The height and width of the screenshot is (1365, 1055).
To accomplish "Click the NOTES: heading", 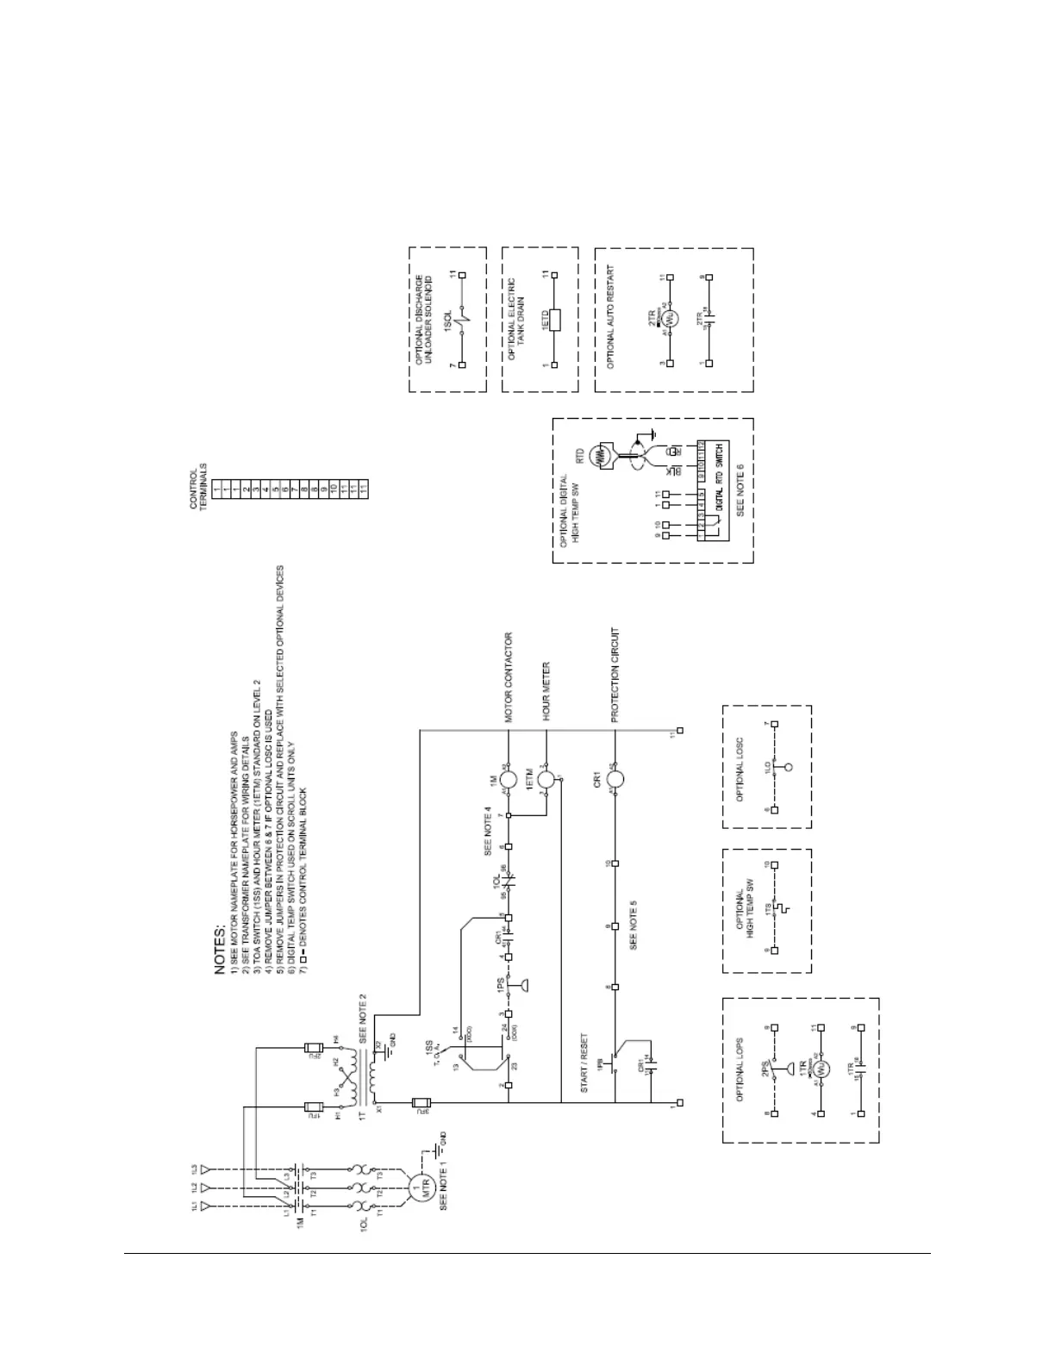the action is [221, 951].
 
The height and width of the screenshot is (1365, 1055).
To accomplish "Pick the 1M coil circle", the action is [509, 779].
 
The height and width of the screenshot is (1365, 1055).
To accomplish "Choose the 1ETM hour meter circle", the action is [546, 779].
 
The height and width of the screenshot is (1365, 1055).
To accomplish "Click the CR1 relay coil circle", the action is [615, 779].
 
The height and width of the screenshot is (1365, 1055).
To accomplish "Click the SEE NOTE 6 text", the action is [740, 490].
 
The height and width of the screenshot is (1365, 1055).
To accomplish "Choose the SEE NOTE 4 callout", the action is [488, 833].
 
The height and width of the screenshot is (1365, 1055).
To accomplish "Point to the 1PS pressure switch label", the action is [500, 991].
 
